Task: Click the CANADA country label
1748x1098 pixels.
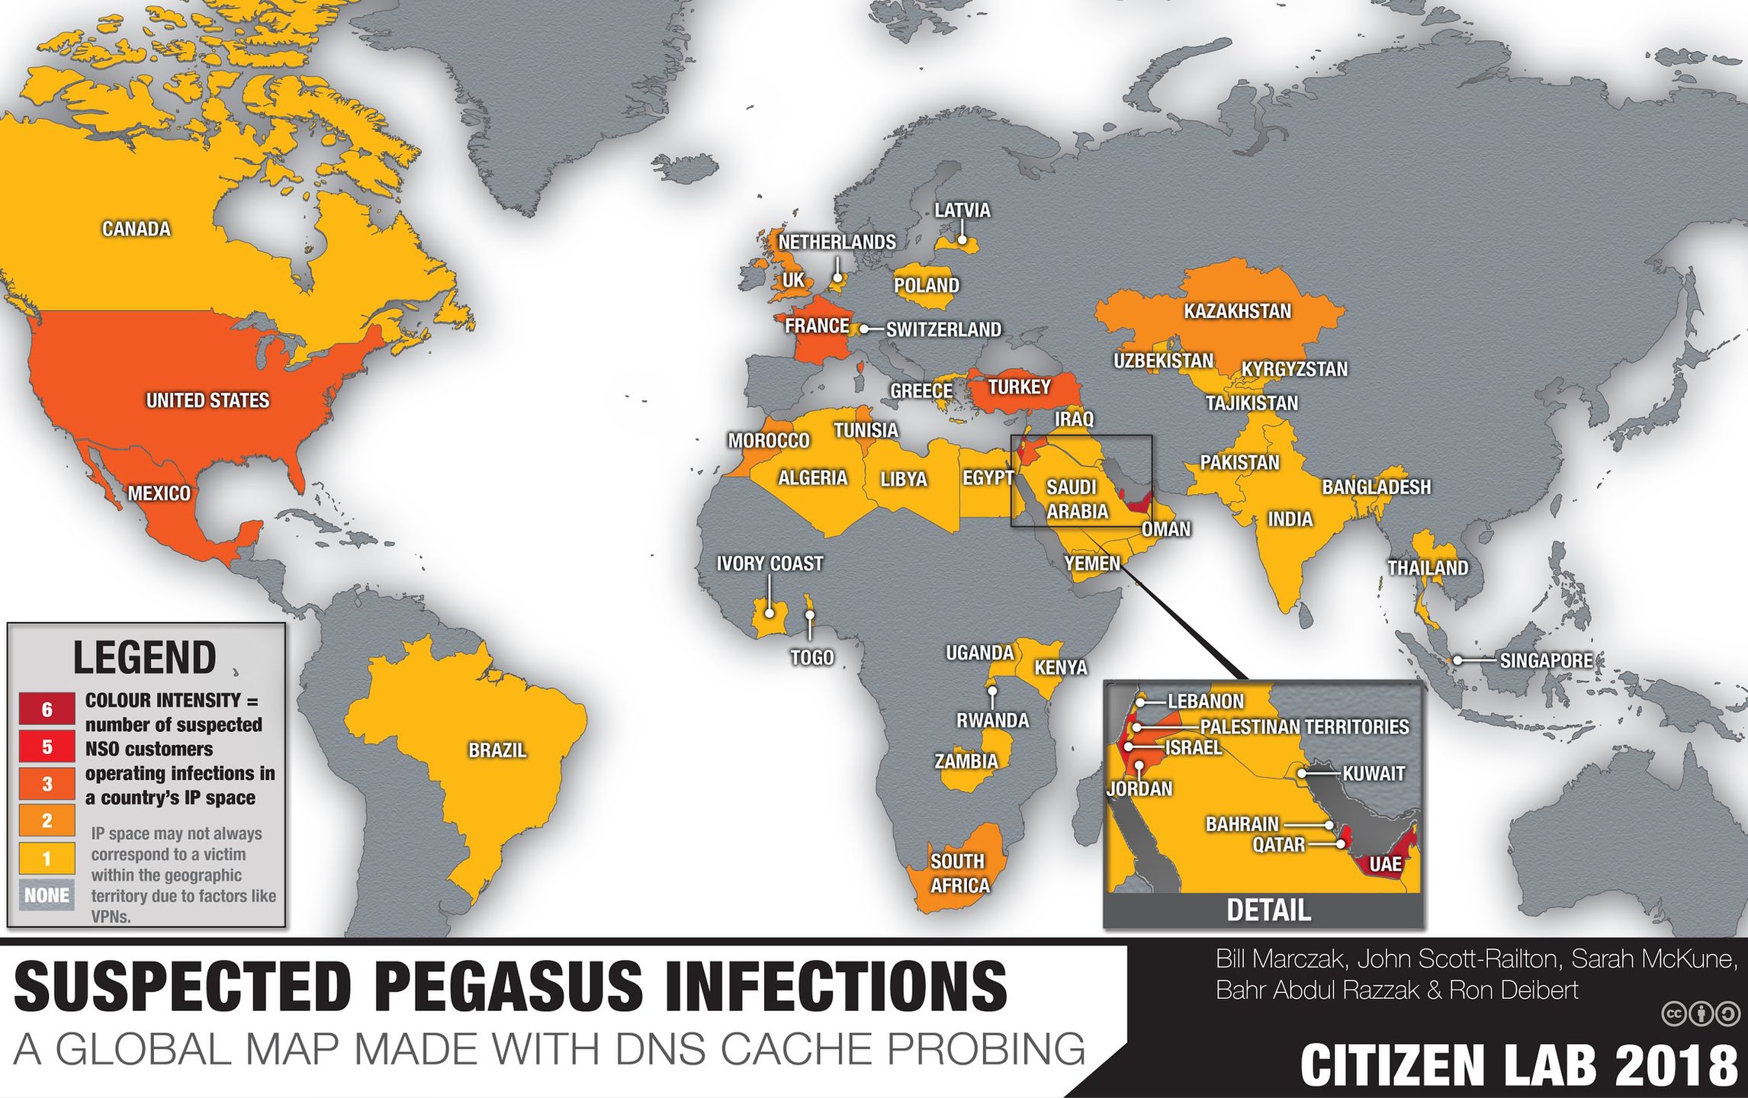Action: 137,229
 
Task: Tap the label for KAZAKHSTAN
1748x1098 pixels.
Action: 1237,311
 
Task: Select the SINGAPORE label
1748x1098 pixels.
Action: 1546,660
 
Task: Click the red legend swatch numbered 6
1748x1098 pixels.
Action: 47,709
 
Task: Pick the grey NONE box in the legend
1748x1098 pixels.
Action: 47,895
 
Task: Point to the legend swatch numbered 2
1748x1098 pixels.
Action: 47,820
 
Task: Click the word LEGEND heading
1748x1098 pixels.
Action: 144,658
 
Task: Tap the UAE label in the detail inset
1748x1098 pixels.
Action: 1385,864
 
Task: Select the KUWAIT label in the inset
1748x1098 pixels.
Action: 1373,774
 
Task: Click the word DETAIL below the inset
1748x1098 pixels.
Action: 1268,910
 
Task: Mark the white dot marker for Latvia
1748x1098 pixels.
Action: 962,239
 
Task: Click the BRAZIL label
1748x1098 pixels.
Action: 497,750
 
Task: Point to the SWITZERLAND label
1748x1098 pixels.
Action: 943,329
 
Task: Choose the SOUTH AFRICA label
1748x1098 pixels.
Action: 959,873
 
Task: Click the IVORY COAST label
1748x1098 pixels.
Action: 770,563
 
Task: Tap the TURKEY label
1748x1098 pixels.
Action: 1019,387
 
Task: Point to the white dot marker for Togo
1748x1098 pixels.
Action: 810,614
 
